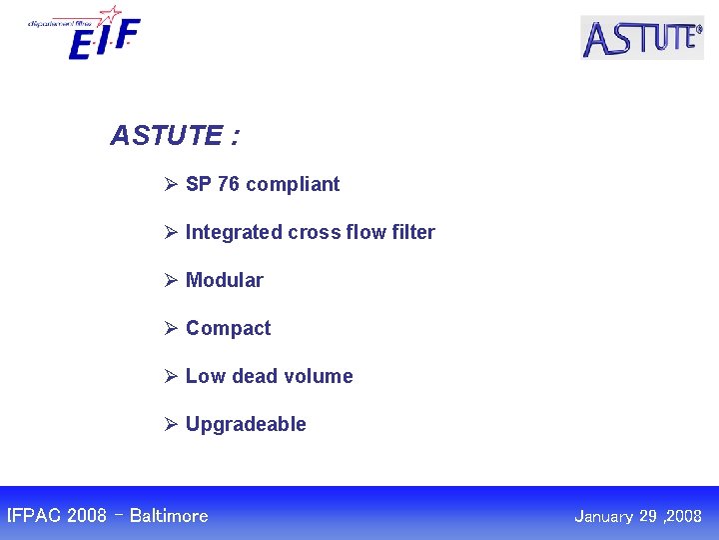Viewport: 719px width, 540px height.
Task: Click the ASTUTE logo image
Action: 642,38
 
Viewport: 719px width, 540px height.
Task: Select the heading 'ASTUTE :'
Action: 174,135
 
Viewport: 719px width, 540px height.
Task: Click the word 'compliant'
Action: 293,185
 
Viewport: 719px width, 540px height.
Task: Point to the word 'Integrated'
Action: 234,233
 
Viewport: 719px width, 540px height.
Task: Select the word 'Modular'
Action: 225,280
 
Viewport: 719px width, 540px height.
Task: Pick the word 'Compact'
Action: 228,329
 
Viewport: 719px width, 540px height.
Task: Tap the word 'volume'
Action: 319,376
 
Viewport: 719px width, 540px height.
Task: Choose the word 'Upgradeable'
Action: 246,425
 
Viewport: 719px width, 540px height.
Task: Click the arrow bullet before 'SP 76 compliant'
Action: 171,184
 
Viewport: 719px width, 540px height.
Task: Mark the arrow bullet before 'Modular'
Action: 171,280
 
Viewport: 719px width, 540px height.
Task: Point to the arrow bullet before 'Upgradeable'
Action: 171,424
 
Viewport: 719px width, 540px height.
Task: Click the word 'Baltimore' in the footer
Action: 169,516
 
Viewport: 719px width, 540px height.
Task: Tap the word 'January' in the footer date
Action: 605,517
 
